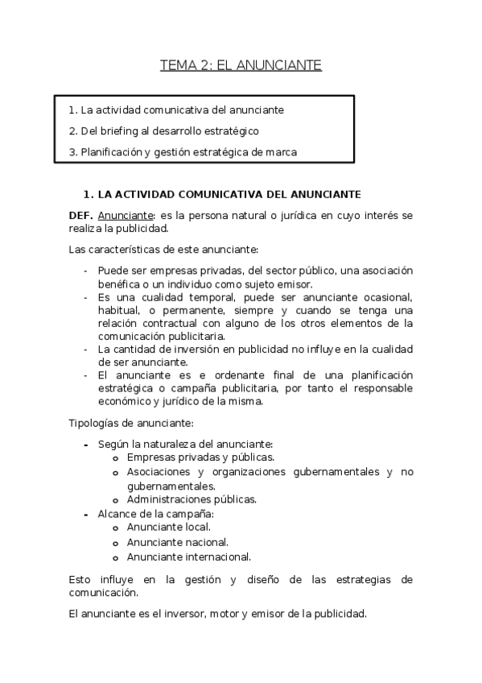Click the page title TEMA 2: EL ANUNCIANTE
[x=241, y=65]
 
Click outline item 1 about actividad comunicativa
[x=176, y=110]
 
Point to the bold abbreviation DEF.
[x=81, y=216]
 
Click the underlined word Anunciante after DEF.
[x=126, y=216]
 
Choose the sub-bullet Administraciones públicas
[x=192, y=499]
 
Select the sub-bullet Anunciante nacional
[x=177, y=542]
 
